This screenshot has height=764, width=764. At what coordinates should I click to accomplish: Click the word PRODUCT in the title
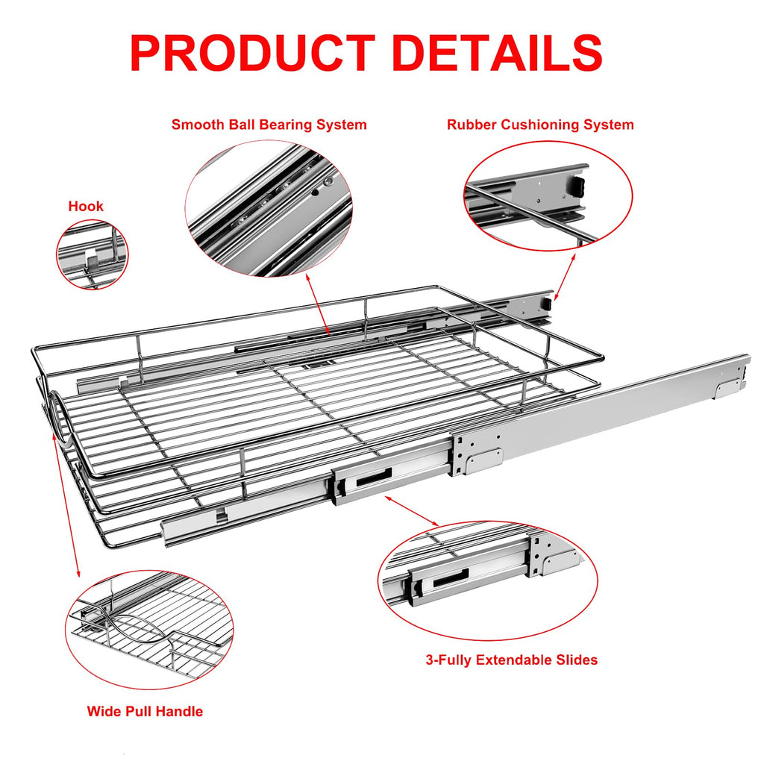pos(251,53)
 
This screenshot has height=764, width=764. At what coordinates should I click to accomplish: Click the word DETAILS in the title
pos(498,53)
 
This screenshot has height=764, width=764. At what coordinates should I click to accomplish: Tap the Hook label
pos(86,206)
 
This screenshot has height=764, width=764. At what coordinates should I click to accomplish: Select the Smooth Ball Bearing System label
pos(269,125)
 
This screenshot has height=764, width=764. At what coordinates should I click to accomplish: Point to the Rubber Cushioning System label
pos(540,125)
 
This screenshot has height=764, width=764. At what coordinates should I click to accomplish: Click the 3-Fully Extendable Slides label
pos(511,660)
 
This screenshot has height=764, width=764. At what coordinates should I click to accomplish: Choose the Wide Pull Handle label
pos(145,711)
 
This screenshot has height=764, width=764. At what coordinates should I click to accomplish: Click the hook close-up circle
pos(93,255)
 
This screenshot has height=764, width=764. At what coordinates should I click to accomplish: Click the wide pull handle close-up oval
pos(149,629)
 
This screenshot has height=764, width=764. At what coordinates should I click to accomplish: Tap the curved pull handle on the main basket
pos(57,417)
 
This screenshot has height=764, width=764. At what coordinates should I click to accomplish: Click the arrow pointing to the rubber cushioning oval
pos(565,276)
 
